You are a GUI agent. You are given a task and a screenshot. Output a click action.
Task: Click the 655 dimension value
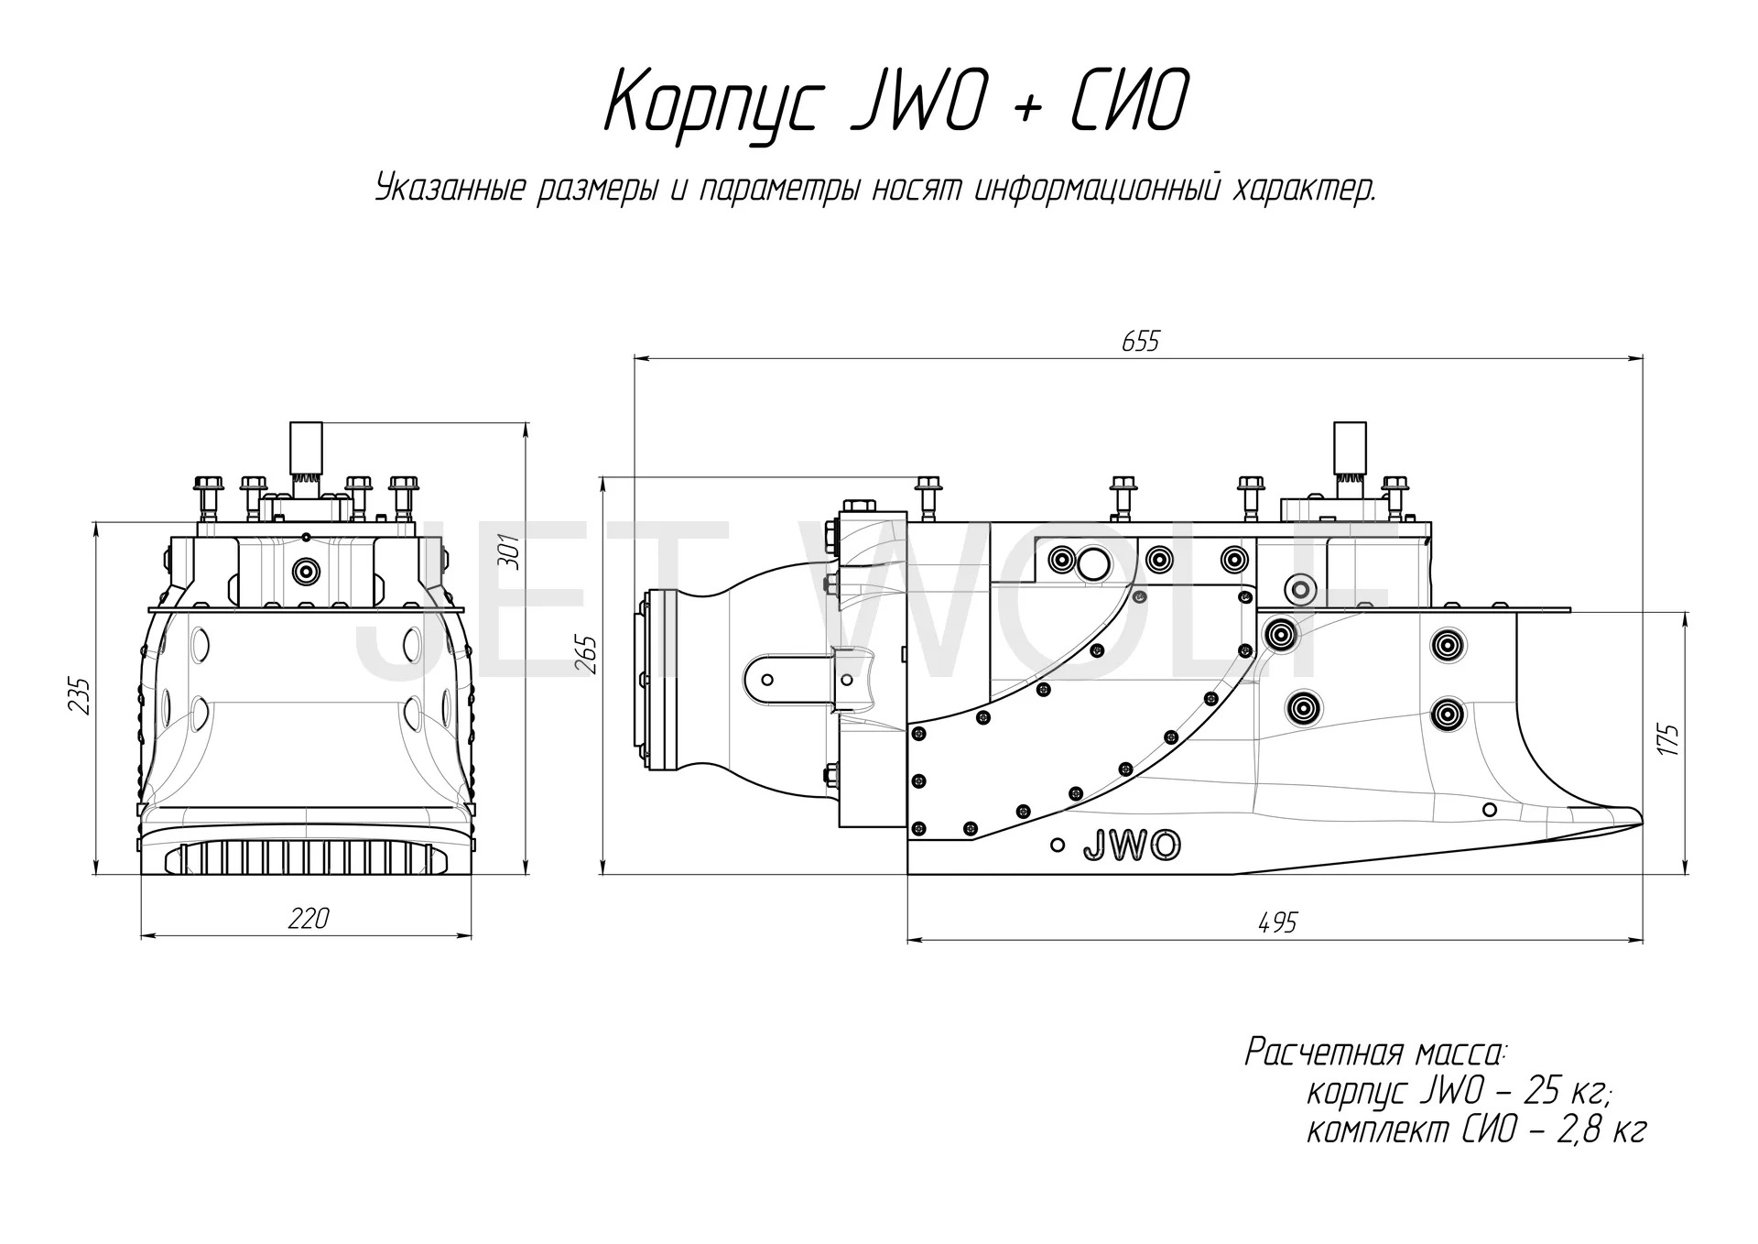pyautogui.click(x=1140, y=342)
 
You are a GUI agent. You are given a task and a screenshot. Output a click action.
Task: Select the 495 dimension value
pyautogui.click(x=1277, y=922)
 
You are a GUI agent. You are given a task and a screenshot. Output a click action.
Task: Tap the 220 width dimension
pyautogui.click(x=308, y=918)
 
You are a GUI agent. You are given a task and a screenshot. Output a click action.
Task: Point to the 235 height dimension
pyautogui.click(x=81, y=696)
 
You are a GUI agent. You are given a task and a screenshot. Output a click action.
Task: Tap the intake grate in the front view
pyautogui.click(x=306, y=858)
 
